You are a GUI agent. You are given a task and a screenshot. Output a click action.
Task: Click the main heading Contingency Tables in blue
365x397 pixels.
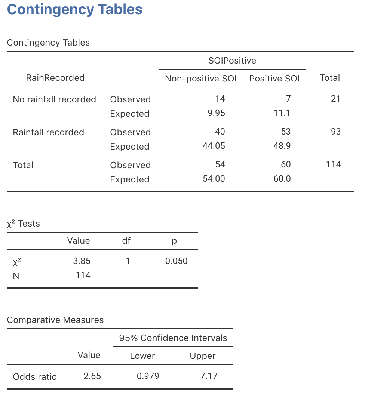pyautogui.click(x=75, y=10)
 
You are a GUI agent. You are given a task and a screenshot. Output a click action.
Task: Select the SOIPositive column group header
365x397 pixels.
pyautogui.click(x=232, y=61)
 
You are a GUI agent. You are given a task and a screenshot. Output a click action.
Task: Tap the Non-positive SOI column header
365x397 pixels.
pyautogui.click(x=201, y=79)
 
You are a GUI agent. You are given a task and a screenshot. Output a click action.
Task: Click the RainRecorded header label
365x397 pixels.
pyautogui.click(x=55, y=78)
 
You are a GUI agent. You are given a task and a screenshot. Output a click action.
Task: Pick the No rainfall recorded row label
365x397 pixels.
pyautogui.click(x=54, y=99)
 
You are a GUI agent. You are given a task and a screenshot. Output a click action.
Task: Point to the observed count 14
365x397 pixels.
pyautogui.click(x=220, y=99)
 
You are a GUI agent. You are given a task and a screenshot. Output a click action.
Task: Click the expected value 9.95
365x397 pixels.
pyautogui.click(x=216, y=113)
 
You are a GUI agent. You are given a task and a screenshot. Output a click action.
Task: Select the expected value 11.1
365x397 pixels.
pyautogui.click(x=282, y=113)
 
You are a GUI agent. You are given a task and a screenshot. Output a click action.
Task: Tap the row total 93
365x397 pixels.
pyautogui.click(x=335, y=132)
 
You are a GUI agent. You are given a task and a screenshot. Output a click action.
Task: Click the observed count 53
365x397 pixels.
pyautogui.click(x=285, y=132)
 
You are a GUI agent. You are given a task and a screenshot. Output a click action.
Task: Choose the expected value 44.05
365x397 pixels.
pyautogui.click(x=214, y=146)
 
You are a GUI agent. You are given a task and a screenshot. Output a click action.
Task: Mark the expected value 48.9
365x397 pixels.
pyautogui.click(x=282, y=146)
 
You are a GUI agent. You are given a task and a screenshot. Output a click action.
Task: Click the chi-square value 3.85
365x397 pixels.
pyautogui.click(x=82, y=261)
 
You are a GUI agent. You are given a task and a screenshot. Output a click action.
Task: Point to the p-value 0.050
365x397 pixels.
pyautogui.click(x=176, y=261)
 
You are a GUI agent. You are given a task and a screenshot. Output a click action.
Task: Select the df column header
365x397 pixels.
pyautogui.click(x=126, y=241)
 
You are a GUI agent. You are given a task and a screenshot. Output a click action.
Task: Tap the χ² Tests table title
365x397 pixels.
pyautogui.click(x=23, y=224)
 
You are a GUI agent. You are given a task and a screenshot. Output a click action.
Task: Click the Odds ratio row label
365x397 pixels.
pyautogui.click(x=35, y=376)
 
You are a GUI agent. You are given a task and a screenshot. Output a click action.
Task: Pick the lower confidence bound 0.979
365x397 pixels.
pyautogui.click(x=148, y=376)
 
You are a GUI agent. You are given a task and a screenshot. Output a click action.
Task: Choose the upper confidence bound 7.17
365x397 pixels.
pyautogui.click(x=208, y=376)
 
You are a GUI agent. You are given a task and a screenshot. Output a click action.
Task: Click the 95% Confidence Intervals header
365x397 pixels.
pyautogui.click(x=173, y=338)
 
